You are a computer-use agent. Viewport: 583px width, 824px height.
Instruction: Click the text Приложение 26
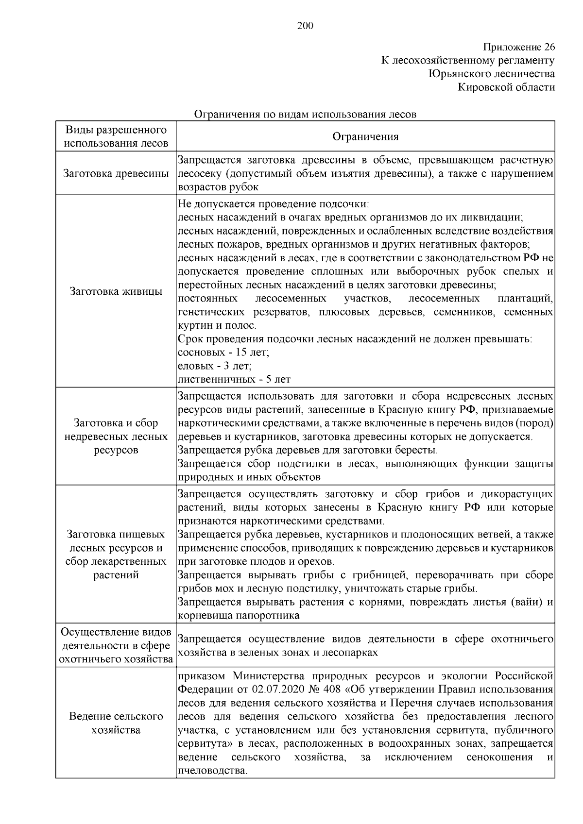519,47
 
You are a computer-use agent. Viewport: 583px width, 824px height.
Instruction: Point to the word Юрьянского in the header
454,74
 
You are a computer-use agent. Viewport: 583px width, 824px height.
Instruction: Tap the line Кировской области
506,87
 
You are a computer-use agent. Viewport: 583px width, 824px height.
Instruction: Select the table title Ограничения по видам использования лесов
305,115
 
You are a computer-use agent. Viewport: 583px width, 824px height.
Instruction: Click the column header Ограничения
365,136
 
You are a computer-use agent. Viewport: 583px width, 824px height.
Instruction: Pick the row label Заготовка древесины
116,173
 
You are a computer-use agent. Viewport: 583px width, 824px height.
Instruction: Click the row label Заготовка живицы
116,291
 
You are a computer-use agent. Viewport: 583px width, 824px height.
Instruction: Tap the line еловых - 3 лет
215,366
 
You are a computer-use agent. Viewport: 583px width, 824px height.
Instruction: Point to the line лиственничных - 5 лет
234,379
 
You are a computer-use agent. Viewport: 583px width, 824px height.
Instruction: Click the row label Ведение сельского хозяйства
116,723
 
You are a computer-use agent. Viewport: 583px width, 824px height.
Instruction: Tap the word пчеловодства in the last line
213,771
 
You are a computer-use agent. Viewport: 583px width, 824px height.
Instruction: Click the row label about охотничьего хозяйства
116,646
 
